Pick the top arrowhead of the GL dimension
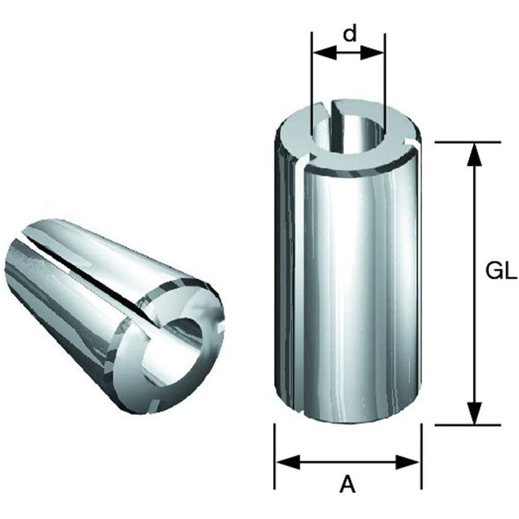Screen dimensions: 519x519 (x=472, y=152)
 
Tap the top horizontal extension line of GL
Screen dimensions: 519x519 (x=467, y=141)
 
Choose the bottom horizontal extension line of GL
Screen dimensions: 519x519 (x=467, y=425)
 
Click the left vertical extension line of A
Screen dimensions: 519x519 (x=275, y=457)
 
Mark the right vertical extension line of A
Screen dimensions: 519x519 (x=421, y=457)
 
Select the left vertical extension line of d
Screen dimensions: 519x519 (x=311, y=78)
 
